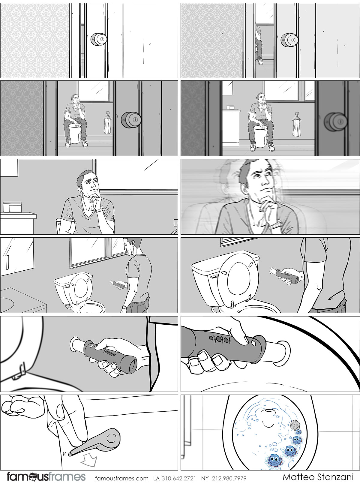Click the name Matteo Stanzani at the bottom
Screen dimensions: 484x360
[x=318, y=477]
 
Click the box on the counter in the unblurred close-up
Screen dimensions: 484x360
[x=12, y=207]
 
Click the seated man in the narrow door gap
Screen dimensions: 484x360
[x=259, y=45]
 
